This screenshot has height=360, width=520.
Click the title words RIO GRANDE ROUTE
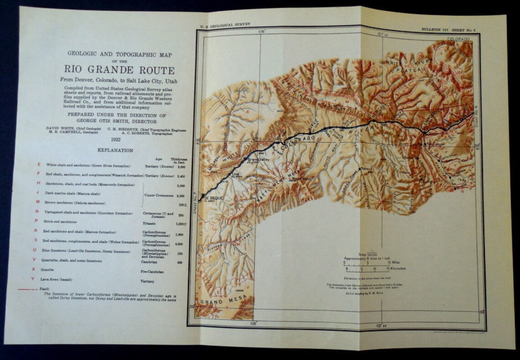119,70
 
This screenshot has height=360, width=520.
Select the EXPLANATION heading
115,150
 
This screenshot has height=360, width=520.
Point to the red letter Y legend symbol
33,279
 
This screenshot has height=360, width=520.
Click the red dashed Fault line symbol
27,289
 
